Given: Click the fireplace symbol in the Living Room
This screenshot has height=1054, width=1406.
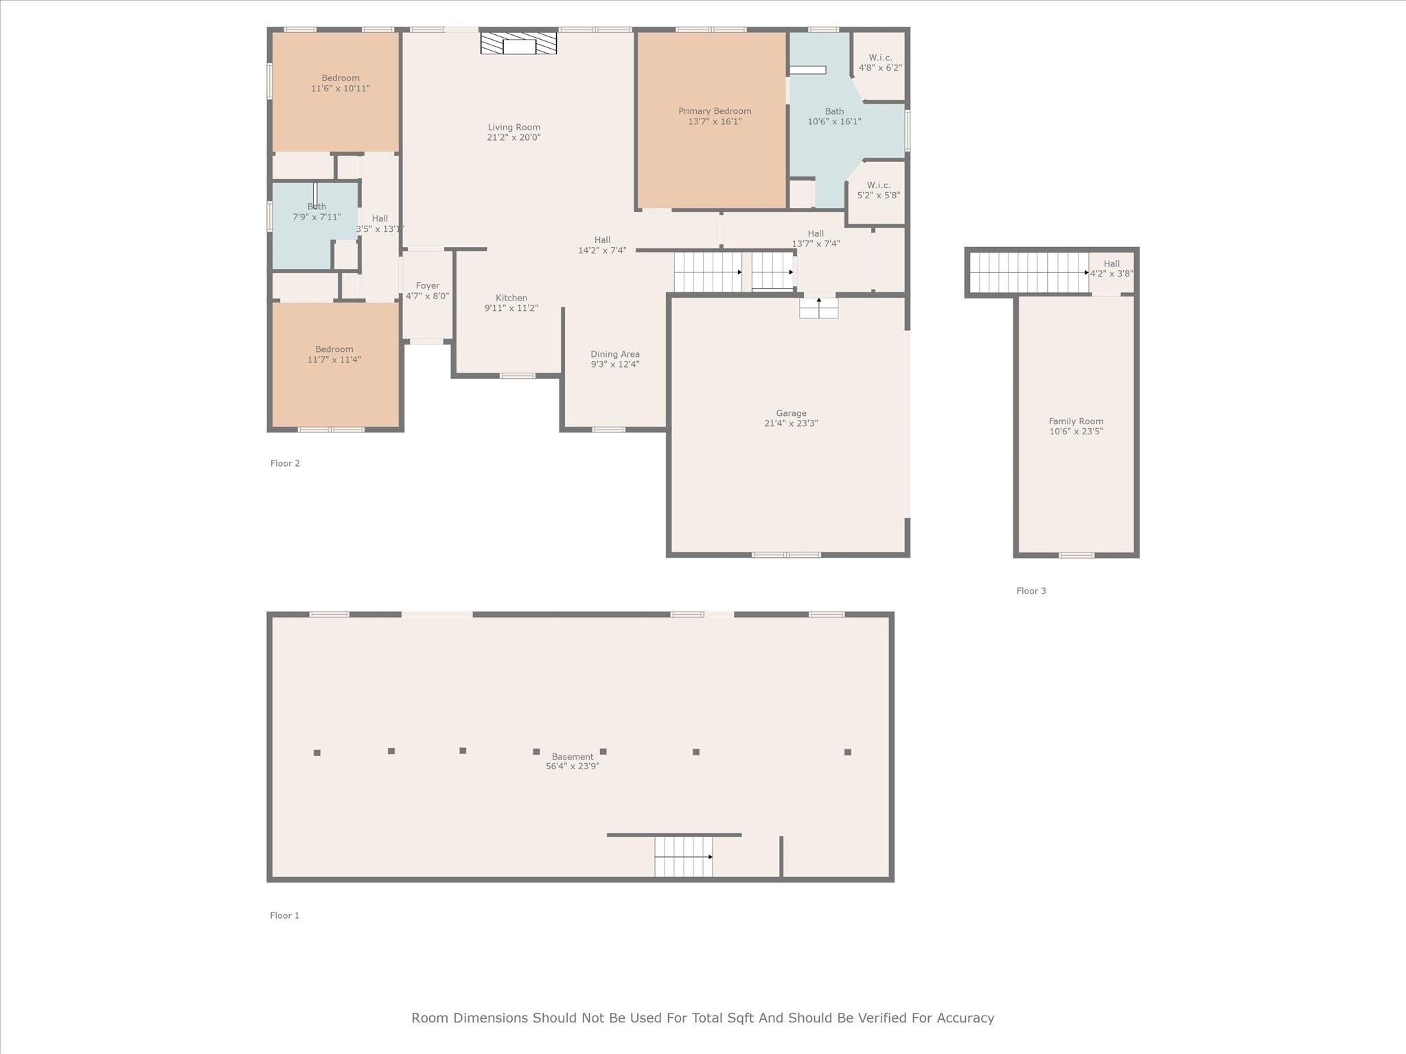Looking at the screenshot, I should click(x=518, y=43).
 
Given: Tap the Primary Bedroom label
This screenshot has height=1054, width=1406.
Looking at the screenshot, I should click(x=715, y=111).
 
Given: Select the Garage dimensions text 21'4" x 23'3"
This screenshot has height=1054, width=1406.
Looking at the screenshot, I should click(x=791, y=423).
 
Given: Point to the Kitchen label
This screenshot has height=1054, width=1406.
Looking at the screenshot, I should click(x=511, y=298).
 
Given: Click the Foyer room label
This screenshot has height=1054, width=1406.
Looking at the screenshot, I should click(x=427, y=286).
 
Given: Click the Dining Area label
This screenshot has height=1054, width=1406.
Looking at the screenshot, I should click(x=615, y=354).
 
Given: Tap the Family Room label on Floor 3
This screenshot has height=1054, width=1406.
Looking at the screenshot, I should click(x=1076, y=421).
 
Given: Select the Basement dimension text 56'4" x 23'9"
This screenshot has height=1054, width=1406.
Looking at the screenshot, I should click(x=573, y=766).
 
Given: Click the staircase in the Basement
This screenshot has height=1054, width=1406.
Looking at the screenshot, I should click(x=683, y=856).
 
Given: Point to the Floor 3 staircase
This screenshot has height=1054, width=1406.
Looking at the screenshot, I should click(x=1028, y=272).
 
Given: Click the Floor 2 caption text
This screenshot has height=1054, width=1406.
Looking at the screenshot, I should click(x=285, y=463).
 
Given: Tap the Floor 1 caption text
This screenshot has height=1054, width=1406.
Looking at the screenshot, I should click(x=284, y=915).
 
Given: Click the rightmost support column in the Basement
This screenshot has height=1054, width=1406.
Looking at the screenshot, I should click(x=848, y=752).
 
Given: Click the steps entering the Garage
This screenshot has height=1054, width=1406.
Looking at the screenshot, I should click(x=818, y=307).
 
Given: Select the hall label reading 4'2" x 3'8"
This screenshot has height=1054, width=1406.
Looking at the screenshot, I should click(x=1111, y=268).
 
